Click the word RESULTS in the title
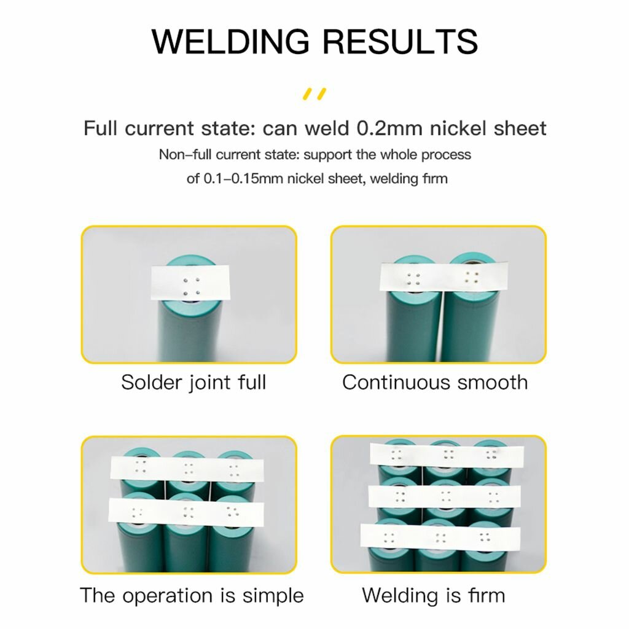(x=400, y=41)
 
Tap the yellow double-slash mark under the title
(x=314, y=94)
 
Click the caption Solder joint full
(x=193, y=382)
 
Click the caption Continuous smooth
(x=435, y=382)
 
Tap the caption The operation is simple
(x=192, y=595)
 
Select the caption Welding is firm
(x=433, y=595)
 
